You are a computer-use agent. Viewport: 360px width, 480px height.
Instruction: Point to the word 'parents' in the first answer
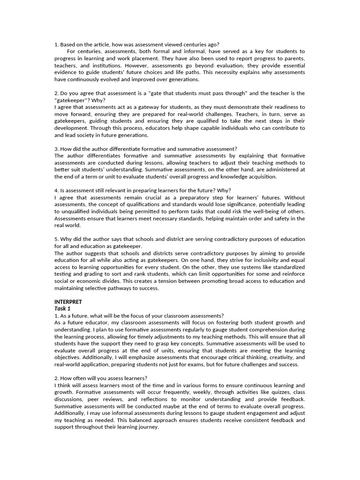click(x=292, y=59)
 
